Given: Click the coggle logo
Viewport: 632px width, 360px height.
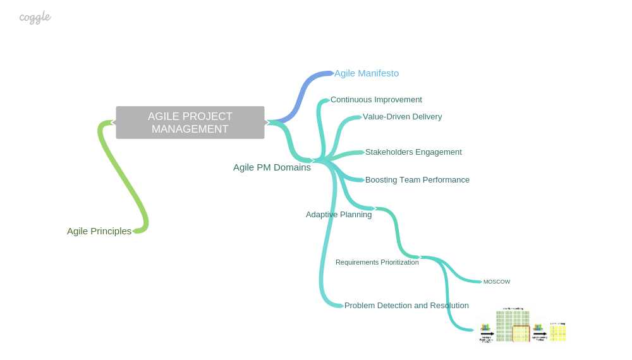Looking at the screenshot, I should [x=35, y=18].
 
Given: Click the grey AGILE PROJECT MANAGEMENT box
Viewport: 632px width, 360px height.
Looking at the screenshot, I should [x=190, y=122].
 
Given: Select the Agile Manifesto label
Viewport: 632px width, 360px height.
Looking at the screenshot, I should [x=367, y=73].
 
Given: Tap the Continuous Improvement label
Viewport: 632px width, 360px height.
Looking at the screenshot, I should [x=376, y=100].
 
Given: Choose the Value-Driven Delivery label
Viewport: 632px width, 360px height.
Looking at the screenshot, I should [x=402, y=117].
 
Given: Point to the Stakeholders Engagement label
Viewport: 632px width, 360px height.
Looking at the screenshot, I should [x=413, y=152].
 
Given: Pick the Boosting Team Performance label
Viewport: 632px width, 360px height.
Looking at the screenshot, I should [x=417, y=180].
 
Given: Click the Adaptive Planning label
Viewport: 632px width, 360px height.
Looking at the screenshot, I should [x=339, y=215].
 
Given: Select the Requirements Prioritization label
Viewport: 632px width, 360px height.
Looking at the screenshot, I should [x=377, y=262].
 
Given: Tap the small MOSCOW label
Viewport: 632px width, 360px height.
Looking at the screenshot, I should [x=497, y=282].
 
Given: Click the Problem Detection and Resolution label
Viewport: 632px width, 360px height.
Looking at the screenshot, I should [x=406, y=306].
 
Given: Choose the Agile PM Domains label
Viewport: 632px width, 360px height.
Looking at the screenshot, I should [x=272, y=167].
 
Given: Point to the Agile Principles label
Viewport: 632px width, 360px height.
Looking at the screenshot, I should [x=99, y=231].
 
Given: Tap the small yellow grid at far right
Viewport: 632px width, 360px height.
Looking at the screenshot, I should [x=557, y=332].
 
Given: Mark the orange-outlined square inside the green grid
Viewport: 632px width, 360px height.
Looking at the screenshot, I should [x=521, y=333].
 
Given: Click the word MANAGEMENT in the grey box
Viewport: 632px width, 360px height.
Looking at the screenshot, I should [x=190, y=129].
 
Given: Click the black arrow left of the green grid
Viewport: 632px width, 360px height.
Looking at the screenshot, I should [x=487, y=334].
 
